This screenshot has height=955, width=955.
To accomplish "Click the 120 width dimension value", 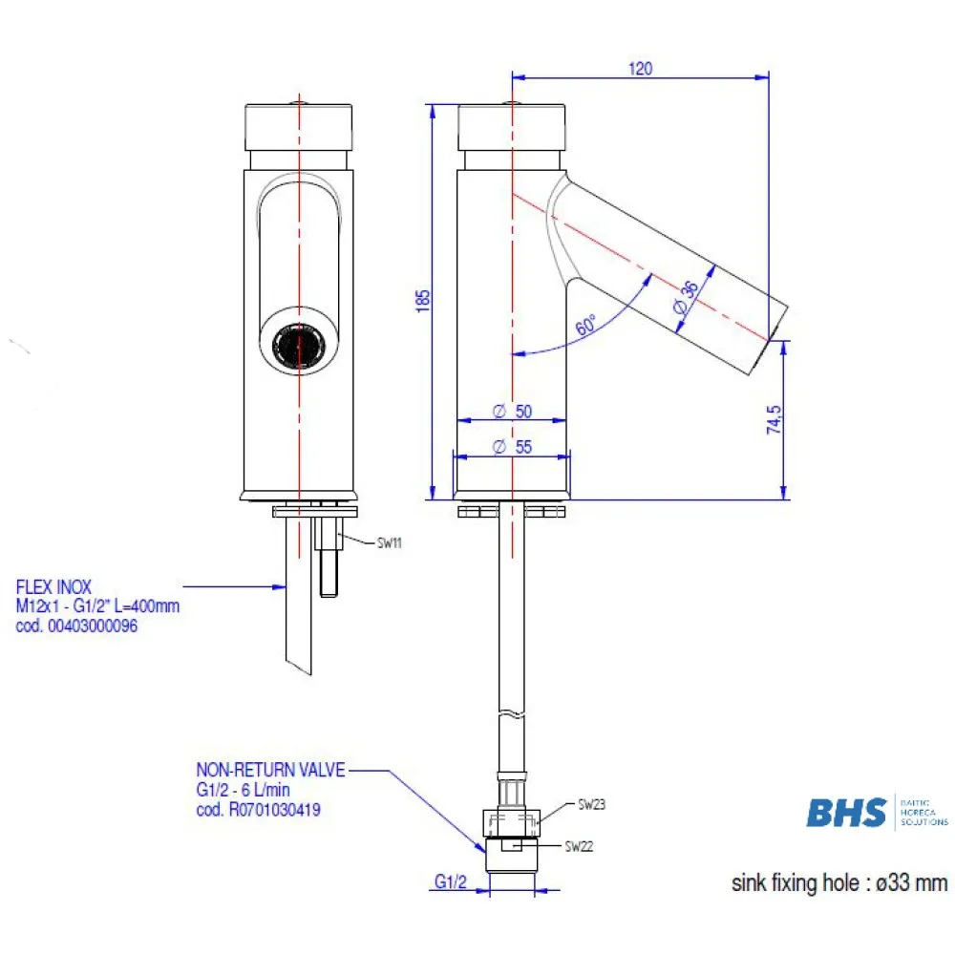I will (x=640, y=69).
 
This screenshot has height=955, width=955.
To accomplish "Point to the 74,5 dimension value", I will (x=775, y=420).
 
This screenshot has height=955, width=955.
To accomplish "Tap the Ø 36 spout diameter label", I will (x=684, y=301).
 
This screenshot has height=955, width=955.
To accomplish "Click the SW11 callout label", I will (x=388, y=542).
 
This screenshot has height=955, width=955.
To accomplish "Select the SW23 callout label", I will (x=592, y=805).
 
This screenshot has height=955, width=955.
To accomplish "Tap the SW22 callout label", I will (x=579, y=845).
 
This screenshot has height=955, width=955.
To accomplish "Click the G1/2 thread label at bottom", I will (x=449, y=884).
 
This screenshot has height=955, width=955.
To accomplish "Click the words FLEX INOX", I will (x=53, y=588).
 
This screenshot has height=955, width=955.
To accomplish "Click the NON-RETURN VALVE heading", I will (x=270, y=769).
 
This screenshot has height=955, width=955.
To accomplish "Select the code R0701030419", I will (x=273, y=809).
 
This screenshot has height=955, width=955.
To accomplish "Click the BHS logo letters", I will (x=846, y=812).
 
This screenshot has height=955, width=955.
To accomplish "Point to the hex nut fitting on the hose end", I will (x=513, y=820).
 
